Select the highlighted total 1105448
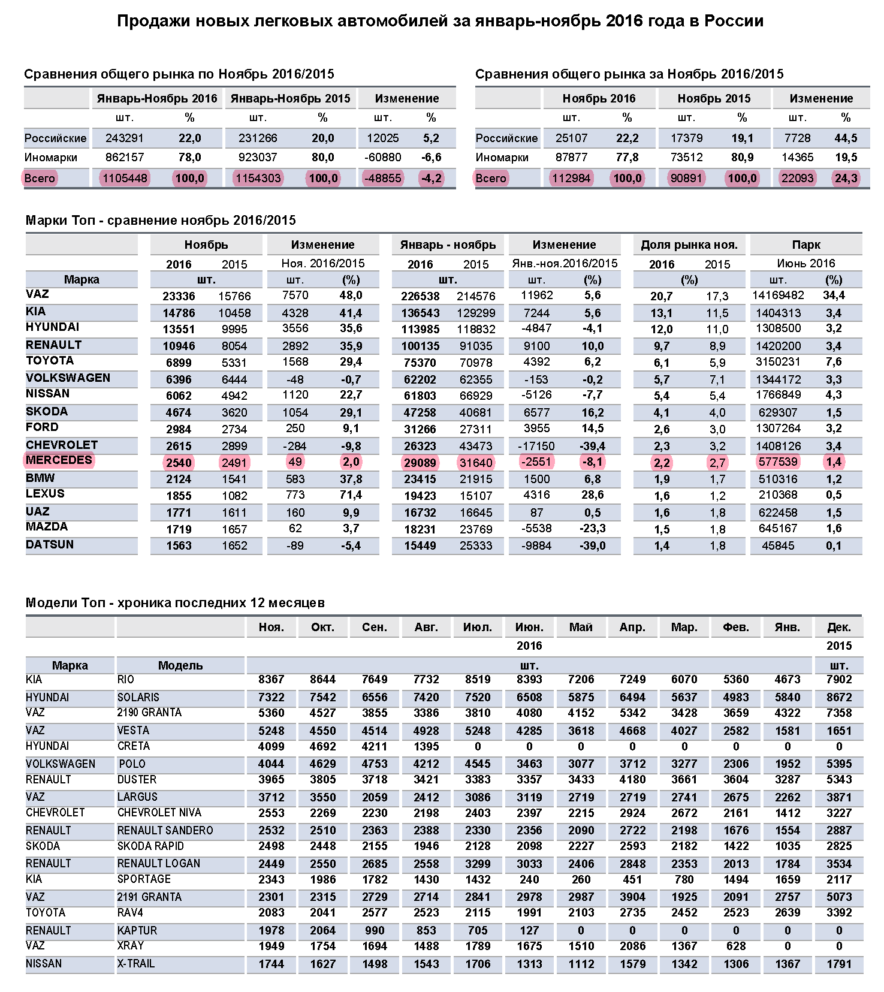coord(125,178)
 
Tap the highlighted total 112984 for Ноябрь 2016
coord(571,178)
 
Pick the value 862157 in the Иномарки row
coord(125,158)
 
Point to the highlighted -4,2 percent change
coord(431,178)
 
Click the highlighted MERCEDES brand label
coord(59,460)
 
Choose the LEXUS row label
coord(45,494)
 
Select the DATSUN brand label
coord(50,545)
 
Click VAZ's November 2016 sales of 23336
coord(179,296)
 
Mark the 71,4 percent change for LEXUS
coord(351,495)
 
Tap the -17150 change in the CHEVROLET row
coord(536,446)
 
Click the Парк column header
coord(806,245)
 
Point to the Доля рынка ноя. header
coord(689,245)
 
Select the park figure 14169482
coord(778,296)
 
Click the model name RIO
coord(126,680)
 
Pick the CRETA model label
coord(134,746)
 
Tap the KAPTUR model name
coord(137,931)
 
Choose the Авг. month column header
coord(426,628)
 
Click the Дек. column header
coord(839,628)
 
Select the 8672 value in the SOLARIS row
coord(839,698)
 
